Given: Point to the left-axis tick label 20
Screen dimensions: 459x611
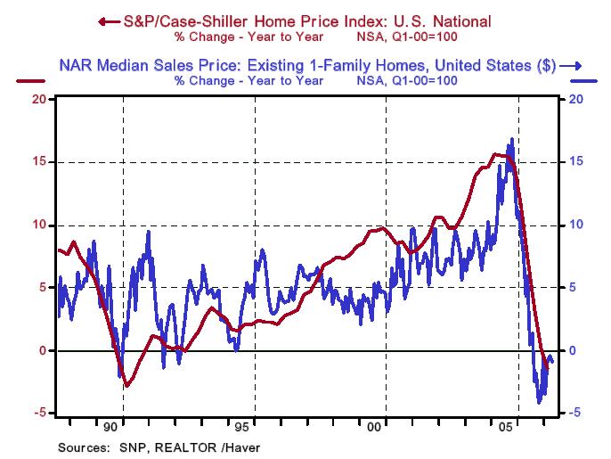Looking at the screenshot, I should pyautogui.click(x=39, y=99).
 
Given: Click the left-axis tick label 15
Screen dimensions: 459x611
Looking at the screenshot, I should pyautogui.click(x=39, y=162).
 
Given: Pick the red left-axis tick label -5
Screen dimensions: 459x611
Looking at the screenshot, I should pyautogui.click(x=39, y=414).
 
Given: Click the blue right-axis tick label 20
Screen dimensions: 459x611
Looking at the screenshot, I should pyautogui.click(x=574, y=99).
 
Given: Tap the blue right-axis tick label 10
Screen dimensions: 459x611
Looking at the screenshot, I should pyautogui.click(x=574, y=225).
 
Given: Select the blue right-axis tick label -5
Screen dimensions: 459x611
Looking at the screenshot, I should pyautogui.click(x=576, y=413).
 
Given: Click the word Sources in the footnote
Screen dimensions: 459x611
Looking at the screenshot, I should pyautogui.click(x=82, y=447).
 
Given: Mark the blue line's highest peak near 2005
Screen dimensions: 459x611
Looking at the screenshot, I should pyautogui.click(x=512, y=139).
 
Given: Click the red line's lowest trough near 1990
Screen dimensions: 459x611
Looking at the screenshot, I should pyautogui.click(x=127, y=386).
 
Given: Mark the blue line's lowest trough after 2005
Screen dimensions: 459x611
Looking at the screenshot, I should pyautogui.click(x=539, y=403).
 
